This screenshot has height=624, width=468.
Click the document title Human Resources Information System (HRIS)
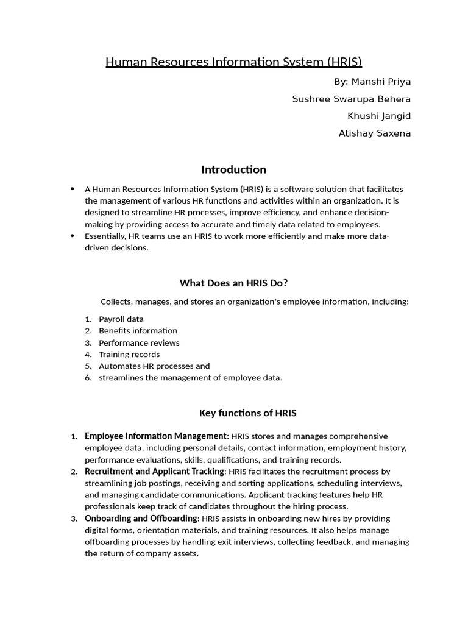point(234,62)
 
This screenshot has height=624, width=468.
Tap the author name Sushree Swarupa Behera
point(352,99)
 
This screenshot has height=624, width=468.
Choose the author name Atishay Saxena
point(375,133)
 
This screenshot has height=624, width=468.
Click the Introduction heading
point(234,169)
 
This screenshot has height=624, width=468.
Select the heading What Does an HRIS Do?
point(234,283)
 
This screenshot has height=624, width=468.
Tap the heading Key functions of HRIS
point(247,413)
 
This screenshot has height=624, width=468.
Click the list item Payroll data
point(121,319)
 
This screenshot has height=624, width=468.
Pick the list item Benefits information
point(138,330)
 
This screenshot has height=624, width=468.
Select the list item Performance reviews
point(139,342)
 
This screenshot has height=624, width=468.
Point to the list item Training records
point(129,354)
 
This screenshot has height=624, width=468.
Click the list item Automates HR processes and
point(154,366)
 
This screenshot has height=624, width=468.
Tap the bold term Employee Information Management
point(155,436)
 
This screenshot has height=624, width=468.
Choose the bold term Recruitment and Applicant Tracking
point(155,471)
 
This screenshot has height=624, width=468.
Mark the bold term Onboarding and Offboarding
point(141,518)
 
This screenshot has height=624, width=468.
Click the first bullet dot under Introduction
point(73,189)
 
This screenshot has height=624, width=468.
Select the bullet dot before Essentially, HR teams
point(73,236)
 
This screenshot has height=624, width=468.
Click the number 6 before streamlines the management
point(88,378)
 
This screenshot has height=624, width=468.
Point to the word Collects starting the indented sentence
point(115,302)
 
